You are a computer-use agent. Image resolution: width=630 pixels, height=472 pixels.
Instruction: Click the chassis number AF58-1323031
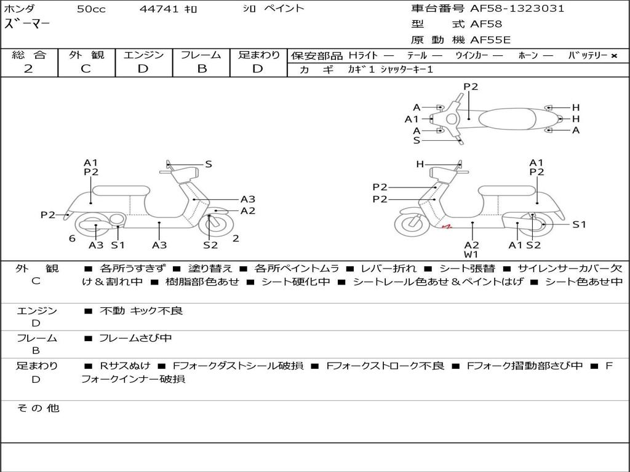[x=517, y=9]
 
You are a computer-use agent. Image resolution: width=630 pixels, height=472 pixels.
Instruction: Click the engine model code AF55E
[x=490, y=40]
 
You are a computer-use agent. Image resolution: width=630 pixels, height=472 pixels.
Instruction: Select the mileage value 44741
[x=159, y=9]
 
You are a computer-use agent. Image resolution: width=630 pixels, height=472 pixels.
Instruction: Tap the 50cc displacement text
[x=91, y=9]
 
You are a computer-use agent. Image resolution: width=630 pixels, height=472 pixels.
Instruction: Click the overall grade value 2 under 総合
[x=28, y=69]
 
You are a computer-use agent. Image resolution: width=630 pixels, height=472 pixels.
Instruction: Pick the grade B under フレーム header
[x=202, y=69]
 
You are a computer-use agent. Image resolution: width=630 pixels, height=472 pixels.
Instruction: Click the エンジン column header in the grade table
[x=143, y=55]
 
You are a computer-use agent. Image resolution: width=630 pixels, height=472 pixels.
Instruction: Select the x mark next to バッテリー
[x=614, y=56]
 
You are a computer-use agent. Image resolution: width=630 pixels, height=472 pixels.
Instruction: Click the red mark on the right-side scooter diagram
[x=447, y=227]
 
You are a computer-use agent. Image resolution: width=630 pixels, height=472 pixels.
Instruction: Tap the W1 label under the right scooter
[x=471, y=254]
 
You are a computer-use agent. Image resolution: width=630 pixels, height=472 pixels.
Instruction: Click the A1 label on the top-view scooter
[x=412, y=119]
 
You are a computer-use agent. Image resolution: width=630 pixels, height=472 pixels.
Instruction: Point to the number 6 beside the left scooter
[x=72, y=238]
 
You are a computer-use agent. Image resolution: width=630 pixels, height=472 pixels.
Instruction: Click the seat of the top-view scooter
[x=507, y=119]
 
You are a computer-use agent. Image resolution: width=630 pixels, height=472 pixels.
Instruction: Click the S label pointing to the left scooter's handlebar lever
[x=208, y=164]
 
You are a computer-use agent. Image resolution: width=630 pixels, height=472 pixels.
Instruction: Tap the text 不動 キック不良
[x=141, y=310]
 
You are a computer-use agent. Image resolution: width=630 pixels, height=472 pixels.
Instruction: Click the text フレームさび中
[x=135, y=339]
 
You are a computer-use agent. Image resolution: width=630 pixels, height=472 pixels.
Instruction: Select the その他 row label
[x=38, y=408]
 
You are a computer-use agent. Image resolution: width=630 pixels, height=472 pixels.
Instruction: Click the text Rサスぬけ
[x=125, y=366]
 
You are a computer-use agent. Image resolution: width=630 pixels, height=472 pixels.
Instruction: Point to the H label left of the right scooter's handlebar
[x=420, y=164]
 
